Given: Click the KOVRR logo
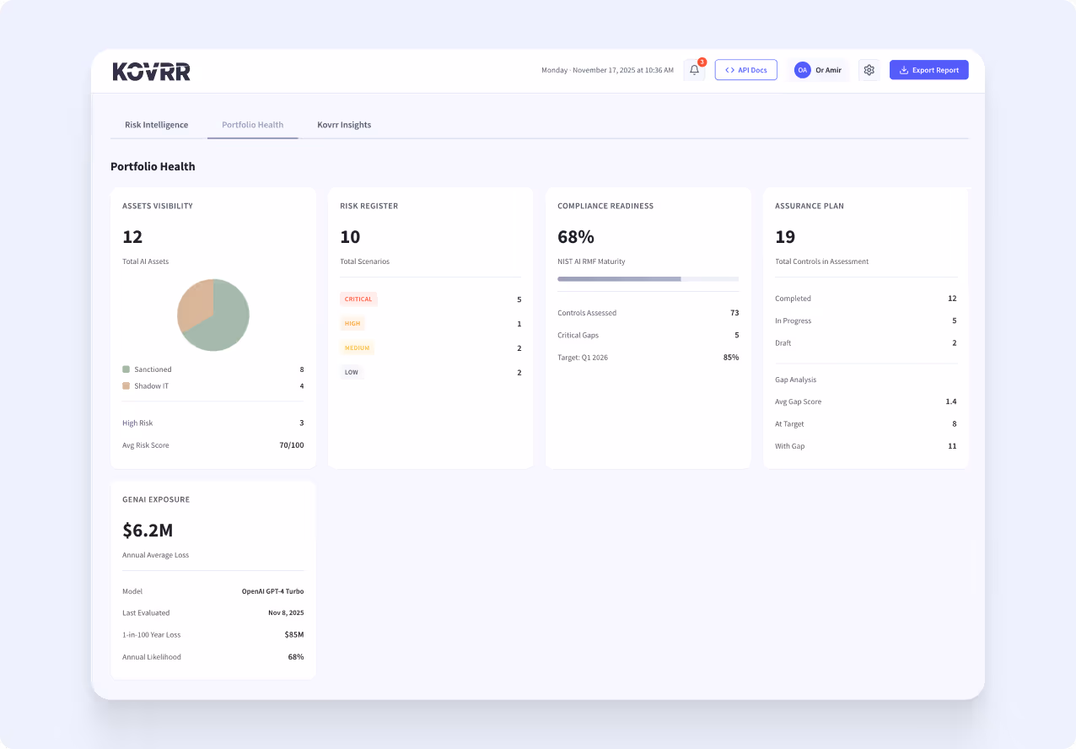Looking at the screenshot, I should click(x=152, y=72).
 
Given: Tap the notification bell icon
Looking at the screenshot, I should click(x=694, y=70).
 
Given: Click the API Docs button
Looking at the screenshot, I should click(x=745, y=70).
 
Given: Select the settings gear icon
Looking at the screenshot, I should click(x=869, y=70).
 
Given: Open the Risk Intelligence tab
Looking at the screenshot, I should click(x=156, y=125).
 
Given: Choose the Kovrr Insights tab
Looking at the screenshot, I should click(x=344, y=125).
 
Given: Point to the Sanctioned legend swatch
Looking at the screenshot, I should click(x=126, y=369).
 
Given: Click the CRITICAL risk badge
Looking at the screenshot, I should click(x=358, y=299).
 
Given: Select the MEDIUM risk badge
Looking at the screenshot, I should click(x=358, y=348).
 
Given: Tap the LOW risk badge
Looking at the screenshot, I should click(x=351, y=372).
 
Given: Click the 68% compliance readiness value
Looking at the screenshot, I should click(x=576, y=237).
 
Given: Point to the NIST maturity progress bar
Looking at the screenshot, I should click(x=648, y=278).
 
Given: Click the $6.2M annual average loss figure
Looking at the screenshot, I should click(x=148, y=531).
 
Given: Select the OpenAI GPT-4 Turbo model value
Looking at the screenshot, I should click(x=272, y=591).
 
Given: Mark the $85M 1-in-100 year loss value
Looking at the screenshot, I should click(x=293, y=635).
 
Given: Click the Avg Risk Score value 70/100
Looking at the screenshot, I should click(x=291, y=445).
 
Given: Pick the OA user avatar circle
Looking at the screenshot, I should click(x=802, y=70).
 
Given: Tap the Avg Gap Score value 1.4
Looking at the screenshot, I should click(x=950, y=402).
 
